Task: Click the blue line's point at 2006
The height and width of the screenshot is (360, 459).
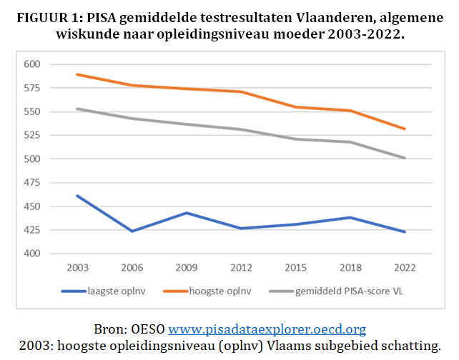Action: click(x=132, y=231)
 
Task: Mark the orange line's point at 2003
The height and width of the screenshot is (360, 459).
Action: click(x=78, y=74)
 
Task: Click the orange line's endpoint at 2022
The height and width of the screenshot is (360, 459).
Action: click(x=405, y=129)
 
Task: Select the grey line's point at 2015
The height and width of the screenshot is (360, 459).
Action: click(x=296, y=139)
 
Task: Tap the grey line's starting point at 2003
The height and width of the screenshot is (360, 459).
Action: click(x=78, y=109)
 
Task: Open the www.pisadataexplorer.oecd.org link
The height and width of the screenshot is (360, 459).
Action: click(x=267, y=329)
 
